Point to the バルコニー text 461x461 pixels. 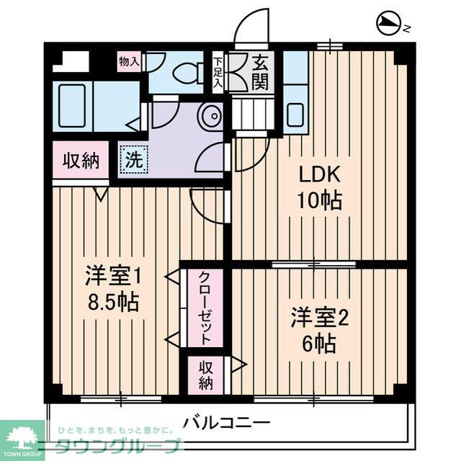pyautogui.click(x=225, y=421)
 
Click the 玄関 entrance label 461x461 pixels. pyautogui.click(x=260, y=72)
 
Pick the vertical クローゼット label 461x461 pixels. pyautogui.click(x=205, y=308)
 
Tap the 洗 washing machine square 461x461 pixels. pyautogui.click(x=134, y=158)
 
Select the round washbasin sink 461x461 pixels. pyautogui.click(x=211, y=117)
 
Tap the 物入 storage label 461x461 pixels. pyautogui.click(x=129, y=62)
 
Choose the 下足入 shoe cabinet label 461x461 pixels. pyautogui.click(x=217, y=72)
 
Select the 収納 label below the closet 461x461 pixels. pyautogui.click(x=206, y=375)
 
